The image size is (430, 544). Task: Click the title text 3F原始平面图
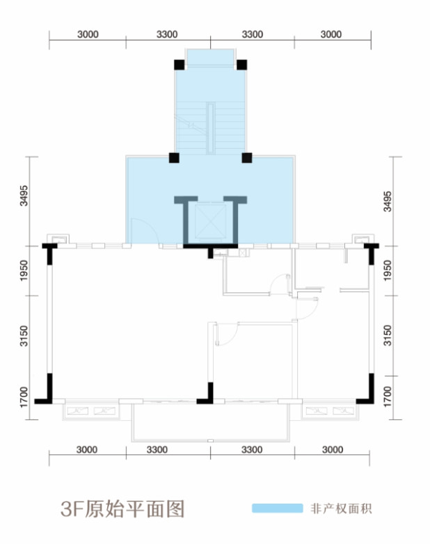pos(122,509)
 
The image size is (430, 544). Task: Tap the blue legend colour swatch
pos(278,509)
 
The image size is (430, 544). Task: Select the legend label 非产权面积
pos(341,509)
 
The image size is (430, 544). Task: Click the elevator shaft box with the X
pos(210,222)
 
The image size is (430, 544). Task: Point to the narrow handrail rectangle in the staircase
pos(211,128)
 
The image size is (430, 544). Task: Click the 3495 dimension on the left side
pos(24,195)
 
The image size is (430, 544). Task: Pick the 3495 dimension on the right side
pos(388,201)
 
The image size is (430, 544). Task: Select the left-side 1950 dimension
pos(24,271)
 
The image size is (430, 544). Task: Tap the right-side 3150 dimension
pos(388,335)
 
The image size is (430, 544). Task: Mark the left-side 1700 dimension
pos(24,397)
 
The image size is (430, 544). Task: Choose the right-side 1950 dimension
pos(388,271)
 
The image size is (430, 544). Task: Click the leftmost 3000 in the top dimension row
pos(88,34)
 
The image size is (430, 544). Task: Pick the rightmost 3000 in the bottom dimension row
pos(333,449)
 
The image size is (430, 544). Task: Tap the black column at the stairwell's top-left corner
pos(179,65)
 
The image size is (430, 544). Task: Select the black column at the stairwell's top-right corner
pos(242,65)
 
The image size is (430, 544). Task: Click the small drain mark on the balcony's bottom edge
pos(210,440)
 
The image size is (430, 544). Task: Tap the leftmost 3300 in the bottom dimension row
pos(157,449)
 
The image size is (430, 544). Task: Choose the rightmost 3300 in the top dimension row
pos(253,34)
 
